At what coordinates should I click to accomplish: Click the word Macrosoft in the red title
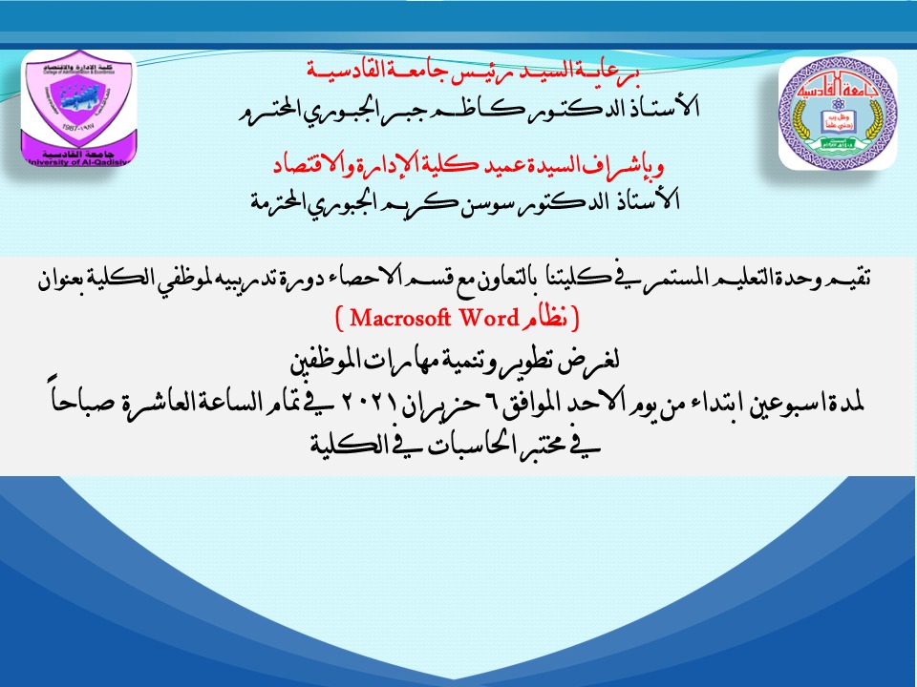(x=400, y=319)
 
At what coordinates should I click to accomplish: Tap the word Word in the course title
(x=489, y=319)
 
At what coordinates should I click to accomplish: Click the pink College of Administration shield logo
(x=79, y=108)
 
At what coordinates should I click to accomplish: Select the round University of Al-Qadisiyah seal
(x=838, y=114)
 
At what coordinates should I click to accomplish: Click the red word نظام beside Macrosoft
(x=545, y=319)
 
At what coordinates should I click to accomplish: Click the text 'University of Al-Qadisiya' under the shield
(x=77, y=162)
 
